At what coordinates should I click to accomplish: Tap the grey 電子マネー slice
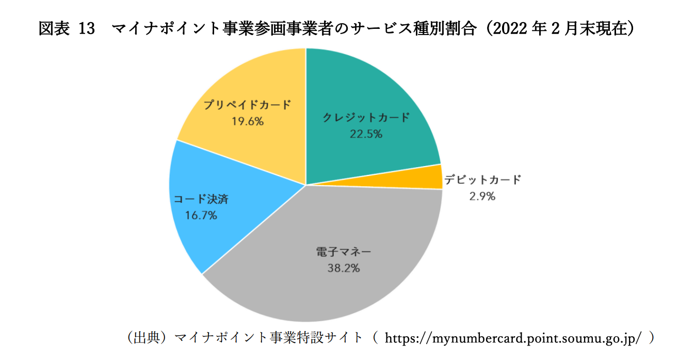tap(330, 294)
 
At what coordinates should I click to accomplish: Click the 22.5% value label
tap(366, 134)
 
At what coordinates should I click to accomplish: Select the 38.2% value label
tap(343, 268)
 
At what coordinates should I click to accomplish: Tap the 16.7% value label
tap(201, 216)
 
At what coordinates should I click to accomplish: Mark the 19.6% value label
tap(248, 122)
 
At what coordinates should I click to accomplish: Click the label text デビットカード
tap(482, 180)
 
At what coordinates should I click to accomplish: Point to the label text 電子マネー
tap(343, 253)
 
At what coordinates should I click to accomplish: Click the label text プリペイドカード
tap(247, 105)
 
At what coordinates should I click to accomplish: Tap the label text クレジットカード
tap(366, 118)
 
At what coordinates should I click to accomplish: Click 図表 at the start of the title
tap(54, 29)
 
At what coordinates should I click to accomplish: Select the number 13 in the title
tap(88, 29)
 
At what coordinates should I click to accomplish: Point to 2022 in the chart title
tap(513, 29)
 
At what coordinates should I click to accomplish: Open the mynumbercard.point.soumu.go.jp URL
tap(513, 338)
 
